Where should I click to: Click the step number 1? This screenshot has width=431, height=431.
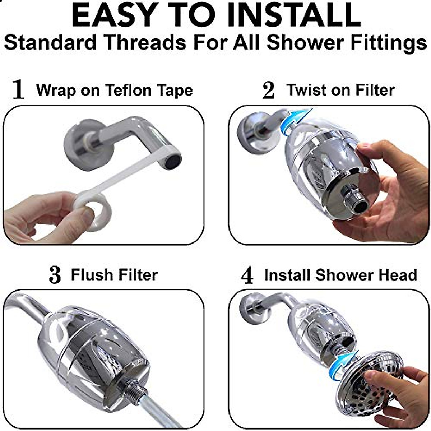[x=18, y=90]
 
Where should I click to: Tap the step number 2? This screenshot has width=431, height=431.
[x=268, y=90]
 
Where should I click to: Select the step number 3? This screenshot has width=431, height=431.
[x=55, y=275]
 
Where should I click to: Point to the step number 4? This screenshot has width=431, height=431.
[x=247, y=276]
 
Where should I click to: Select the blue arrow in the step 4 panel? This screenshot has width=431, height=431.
[x=344, y=362]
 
